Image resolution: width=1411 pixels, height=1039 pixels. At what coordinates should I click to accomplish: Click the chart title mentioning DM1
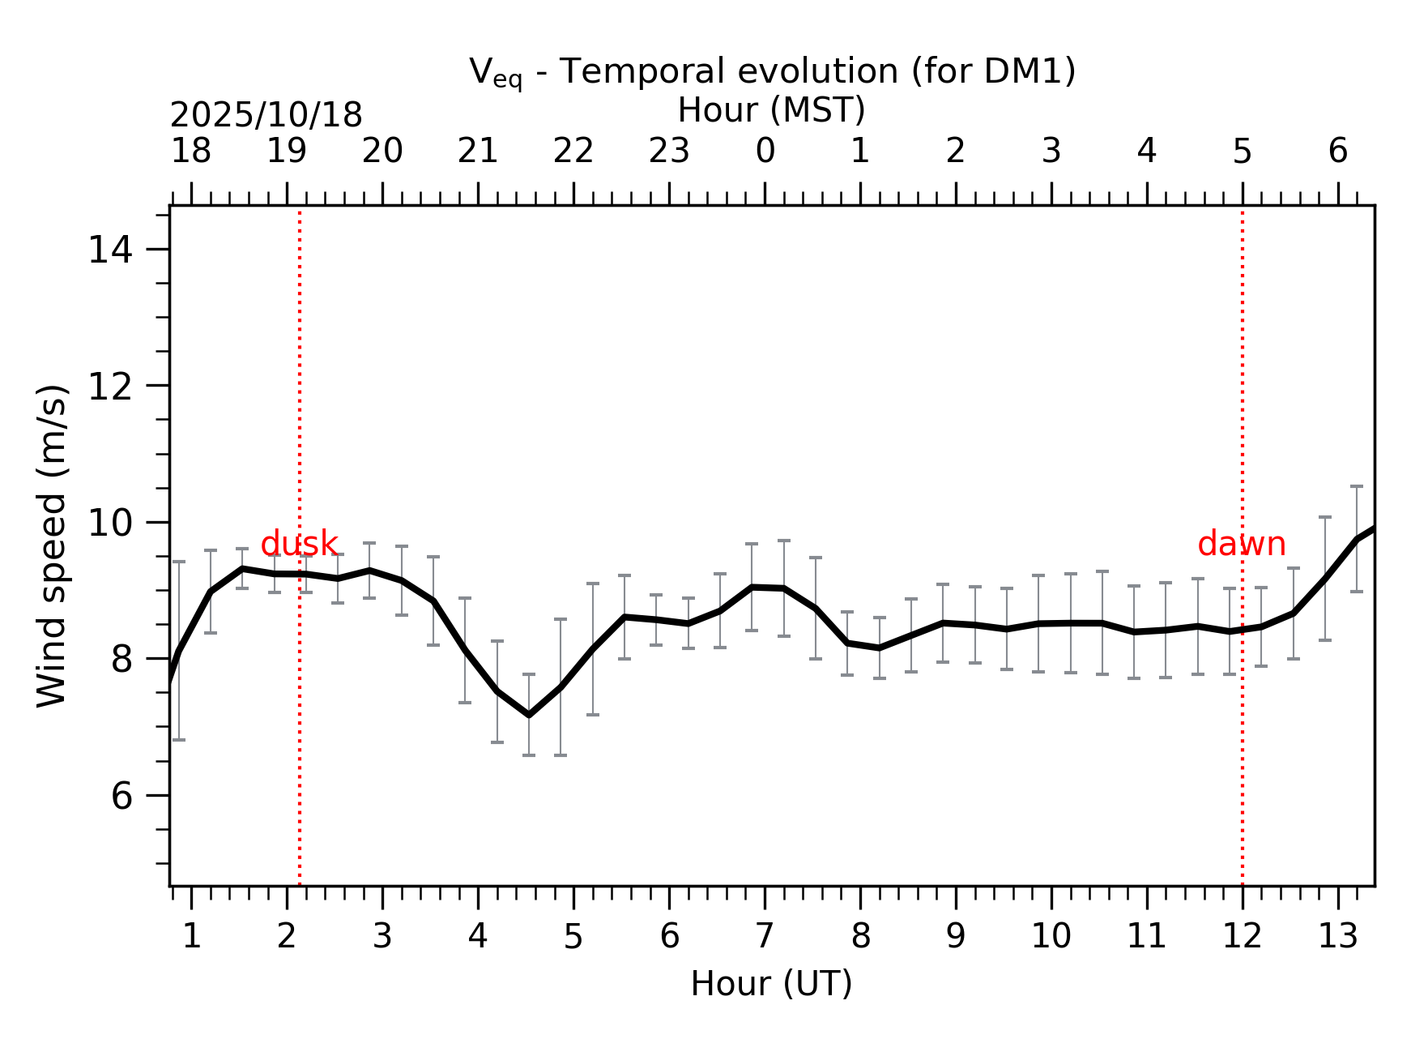(x=772, y=72)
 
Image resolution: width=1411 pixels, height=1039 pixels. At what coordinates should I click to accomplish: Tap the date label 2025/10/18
(x=266, y=116)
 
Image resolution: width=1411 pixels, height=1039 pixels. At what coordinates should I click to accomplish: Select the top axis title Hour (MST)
(x=771, y=110)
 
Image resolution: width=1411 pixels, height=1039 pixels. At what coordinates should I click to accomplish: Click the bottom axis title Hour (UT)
(x=771, y=984)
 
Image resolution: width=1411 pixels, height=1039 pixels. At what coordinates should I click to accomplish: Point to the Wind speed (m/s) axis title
(x=53, y=545)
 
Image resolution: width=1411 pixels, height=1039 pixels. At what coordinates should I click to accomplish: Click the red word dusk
(x=299, y=544)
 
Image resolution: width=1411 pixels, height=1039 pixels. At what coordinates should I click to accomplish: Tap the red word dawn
(x=1241, y=544)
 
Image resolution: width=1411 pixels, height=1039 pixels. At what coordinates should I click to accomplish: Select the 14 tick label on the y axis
(x=110, y=250)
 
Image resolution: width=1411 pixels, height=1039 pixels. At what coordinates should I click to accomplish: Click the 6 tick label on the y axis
(x=121, y=796)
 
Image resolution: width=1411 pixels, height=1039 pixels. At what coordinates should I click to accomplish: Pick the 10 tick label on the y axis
(x=110, y=523)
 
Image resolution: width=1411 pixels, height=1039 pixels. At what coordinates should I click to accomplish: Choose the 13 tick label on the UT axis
(x=1337, y=937)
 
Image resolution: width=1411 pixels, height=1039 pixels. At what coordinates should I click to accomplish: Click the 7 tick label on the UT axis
(x=765, y=937)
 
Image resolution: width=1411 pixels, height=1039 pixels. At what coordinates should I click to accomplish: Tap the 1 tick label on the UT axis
(x=191, y=937)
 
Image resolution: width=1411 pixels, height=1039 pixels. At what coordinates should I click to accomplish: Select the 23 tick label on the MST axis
(x=669, y=152)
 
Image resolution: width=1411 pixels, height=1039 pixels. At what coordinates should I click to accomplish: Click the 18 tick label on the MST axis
(x=191, y=152)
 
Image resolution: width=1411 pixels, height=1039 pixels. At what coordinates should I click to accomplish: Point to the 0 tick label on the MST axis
(x=765, y=152)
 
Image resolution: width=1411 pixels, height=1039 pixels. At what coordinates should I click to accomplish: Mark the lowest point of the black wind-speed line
(x=529, y=715)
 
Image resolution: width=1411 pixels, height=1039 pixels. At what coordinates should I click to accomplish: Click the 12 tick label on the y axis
(x=110, y=387)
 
